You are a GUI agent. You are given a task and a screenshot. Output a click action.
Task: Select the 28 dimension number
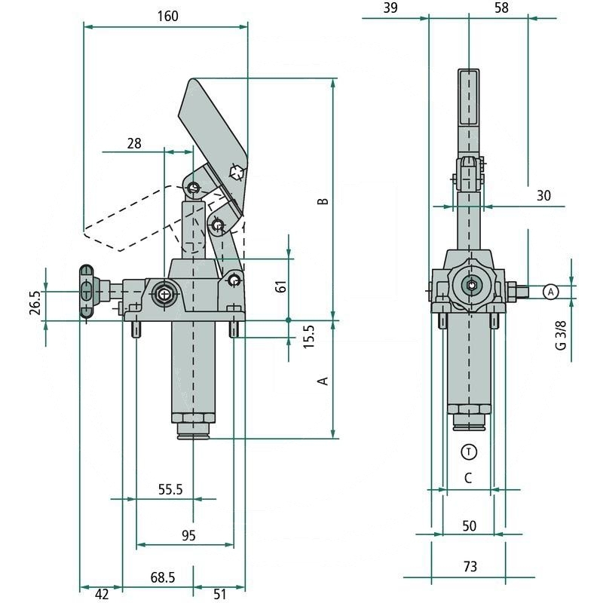[x=134, y=142]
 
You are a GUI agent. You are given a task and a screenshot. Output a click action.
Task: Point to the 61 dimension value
[x=280, y=286]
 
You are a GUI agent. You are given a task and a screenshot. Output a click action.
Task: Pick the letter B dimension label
[x=323, y=201]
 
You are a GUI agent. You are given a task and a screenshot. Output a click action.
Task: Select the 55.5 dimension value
[x=170, y=489]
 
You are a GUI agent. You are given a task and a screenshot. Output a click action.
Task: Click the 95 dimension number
[x=188, y=535]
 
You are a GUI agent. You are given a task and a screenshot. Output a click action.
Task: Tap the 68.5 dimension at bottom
[x=162, y=577]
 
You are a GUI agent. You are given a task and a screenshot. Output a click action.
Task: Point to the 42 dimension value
[x=102, y=594]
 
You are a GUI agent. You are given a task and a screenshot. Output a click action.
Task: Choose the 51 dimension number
[x=219, y=594]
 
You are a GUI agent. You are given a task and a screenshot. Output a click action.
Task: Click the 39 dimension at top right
[x=390, y=8]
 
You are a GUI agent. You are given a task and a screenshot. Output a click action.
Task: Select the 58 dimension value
[x=501, y=8]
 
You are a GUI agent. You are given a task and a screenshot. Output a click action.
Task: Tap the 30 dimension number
[x=543, y=195]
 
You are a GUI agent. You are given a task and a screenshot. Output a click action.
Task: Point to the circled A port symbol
[x=550, y=291]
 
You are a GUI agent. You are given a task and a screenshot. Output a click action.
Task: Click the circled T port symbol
[x=469, y=451]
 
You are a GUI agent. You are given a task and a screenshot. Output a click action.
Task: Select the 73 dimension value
[x=470, y=567]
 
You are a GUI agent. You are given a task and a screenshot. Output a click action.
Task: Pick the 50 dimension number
[x=469, y=525]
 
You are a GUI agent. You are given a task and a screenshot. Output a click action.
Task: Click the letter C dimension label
[x=468, y=477]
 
